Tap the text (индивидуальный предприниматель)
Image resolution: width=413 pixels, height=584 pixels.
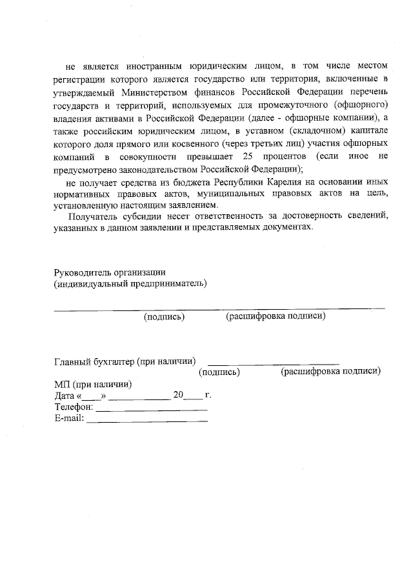coord(130,283)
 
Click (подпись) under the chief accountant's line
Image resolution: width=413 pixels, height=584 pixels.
coord(219,372)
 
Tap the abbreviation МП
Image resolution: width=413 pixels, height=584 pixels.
coord(61,384)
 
